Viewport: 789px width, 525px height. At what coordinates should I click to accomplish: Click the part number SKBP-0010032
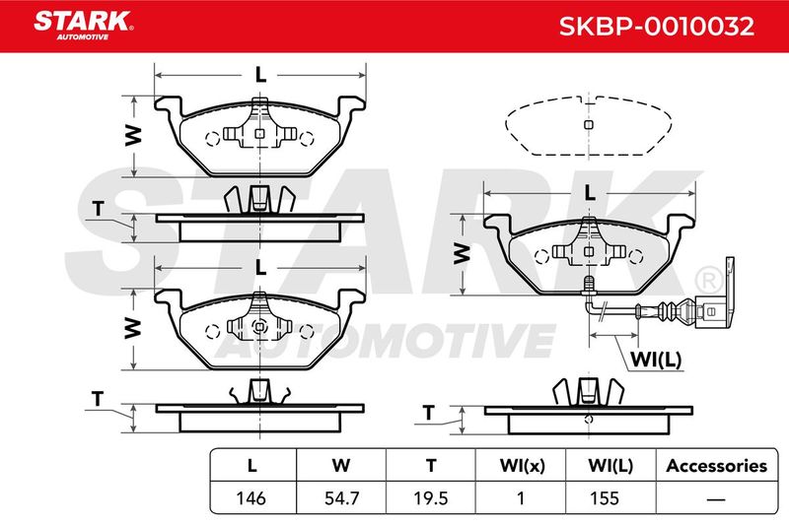(657, 26)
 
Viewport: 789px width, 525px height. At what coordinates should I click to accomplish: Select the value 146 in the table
(251, 497)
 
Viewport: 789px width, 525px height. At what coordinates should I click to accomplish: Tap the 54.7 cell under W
(341, 497)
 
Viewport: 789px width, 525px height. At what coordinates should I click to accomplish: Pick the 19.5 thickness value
(431, 497)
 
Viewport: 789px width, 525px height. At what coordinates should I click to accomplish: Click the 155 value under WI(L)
(605, 497)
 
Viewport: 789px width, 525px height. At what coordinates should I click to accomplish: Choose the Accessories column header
(717, 466)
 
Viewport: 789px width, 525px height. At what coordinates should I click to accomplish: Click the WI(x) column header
(523, 466)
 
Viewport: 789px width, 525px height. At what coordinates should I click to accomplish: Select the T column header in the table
(431, 466)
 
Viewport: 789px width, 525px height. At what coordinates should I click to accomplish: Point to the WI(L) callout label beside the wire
(656, 360)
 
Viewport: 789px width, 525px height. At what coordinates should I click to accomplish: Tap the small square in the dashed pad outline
(588, 124)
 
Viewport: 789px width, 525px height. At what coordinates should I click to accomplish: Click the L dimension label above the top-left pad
(260, 75)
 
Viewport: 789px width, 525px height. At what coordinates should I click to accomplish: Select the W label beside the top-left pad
(133, 136)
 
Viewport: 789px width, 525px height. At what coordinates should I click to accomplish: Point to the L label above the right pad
(589, 192)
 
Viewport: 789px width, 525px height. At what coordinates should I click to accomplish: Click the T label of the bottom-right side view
(428, 413)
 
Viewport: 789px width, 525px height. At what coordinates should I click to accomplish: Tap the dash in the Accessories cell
(716, 499)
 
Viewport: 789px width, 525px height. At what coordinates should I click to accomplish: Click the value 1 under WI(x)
(521, 497)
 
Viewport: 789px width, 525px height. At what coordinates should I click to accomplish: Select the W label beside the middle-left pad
(133, 328)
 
